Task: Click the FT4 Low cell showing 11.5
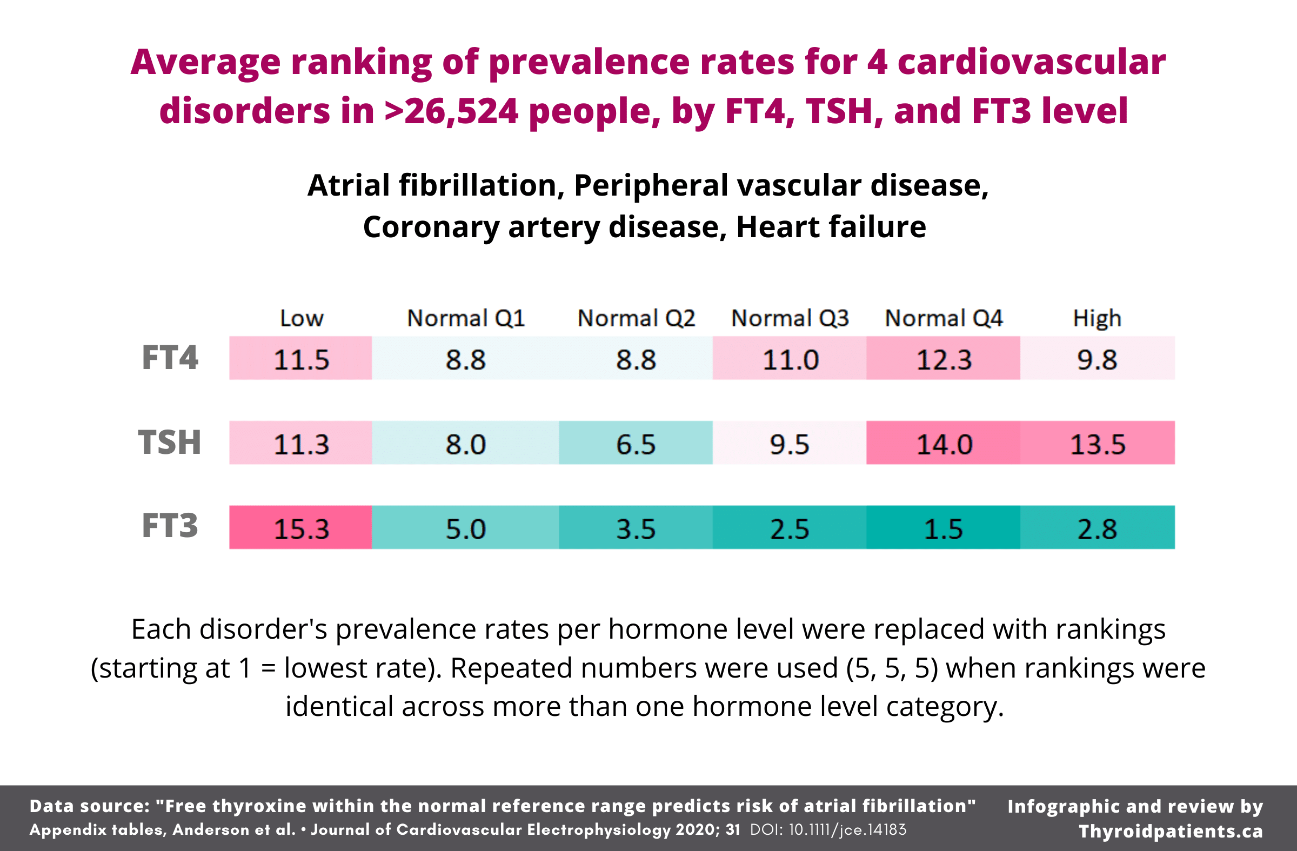301,358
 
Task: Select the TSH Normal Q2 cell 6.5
636,443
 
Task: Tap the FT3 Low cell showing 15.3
301,527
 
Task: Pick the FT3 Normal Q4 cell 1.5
943,527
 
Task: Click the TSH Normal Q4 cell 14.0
943,443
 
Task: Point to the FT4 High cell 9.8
1097,358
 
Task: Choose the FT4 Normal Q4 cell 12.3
943,358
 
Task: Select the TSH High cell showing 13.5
1097,443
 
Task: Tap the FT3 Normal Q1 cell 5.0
465,527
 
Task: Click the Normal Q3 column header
790,318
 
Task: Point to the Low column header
302,318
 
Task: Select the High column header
1097,318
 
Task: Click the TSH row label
170,442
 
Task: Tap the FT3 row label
170,526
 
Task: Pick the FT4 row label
170,358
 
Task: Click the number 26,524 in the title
461,111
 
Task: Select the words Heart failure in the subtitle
831,226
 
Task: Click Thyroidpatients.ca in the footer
1171,831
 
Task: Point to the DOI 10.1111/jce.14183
828,830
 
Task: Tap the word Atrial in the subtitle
349,185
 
